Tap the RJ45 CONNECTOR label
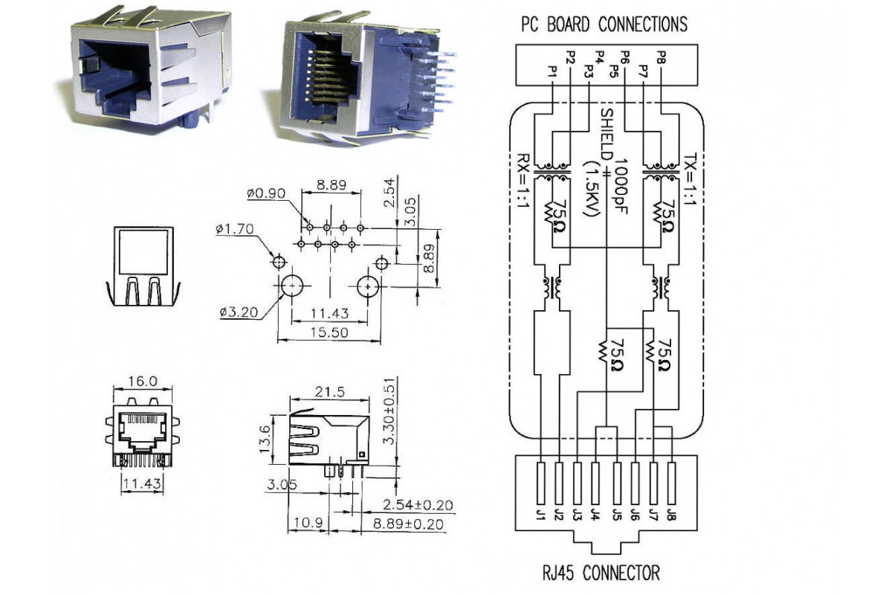pyautogui.click(x=601, y=573)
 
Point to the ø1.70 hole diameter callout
pyautogui.click(x=236, y=230)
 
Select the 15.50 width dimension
pyautogui.click(x=329, y=333)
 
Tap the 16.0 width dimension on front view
pyautogui.click(x=141, y=382)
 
